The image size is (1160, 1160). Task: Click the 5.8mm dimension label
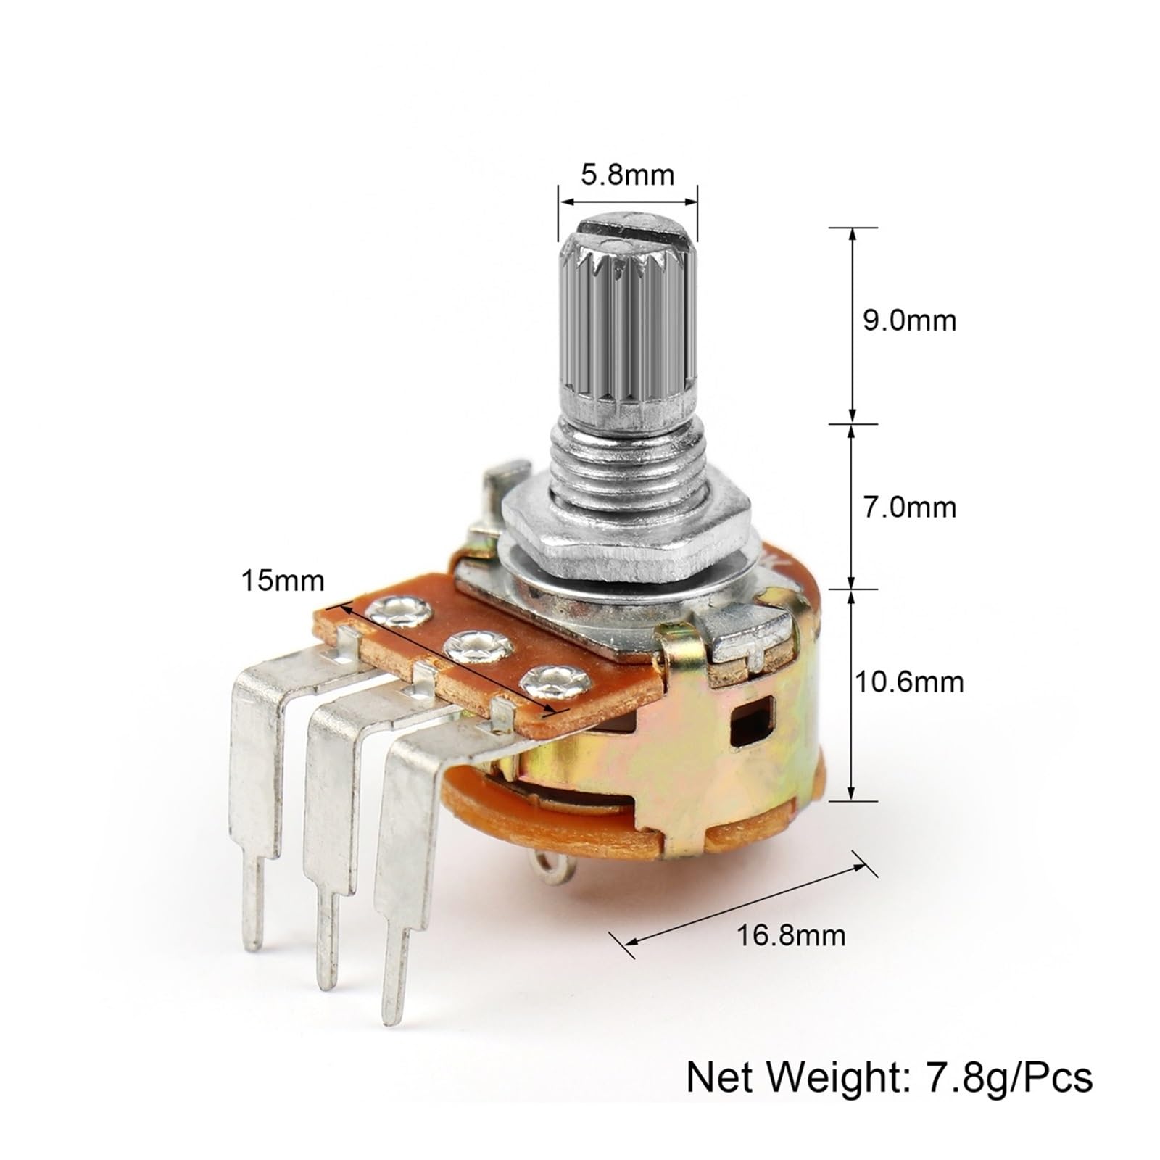coord(627,175)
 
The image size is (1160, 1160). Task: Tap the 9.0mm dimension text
coord(909,320)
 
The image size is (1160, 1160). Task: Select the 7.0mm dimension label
coord(909,507)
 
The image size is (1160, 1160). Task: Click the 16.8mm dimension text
coord(791,936)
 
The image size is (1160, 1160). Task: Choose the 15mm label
coord(283,581)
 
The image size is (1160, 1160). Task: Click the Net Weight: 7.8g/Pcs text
coord(889,1078)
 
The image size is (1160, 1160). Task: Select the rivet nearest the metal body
coord(549,681)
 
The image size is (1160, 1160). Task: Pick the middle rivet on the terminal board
coord(474,645)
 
